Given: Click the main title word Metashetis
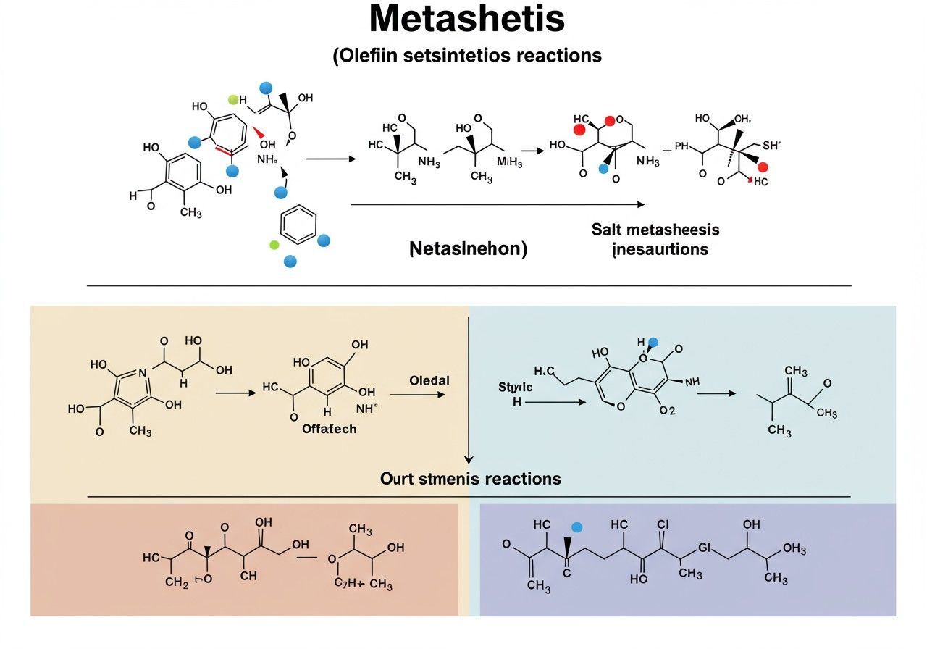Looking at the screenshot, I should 466,20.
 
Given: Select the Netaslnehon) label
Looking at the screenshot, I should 468,249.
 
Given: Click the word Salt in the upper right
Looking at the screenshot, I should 606,230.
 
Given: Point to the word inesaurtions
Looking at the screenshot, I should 659,250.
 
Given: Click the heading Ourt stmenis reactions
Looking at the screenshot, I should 470,479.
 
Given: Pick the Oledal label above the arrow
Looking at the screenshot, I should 429,381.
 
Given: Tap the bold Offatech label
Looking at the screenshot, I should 329,429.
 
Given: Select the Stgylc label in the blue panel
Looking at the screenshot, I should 515,388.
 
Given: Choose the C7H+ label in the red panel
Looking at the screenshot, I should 349,585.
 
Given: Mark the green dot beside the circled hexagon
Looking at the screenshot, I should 274,246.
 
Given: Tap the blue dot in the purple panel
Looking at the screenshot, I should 577,527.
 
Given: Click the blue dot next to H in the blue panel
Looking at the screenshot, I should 654,343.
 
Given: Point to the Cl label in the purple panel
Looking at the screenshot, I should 662,524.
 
